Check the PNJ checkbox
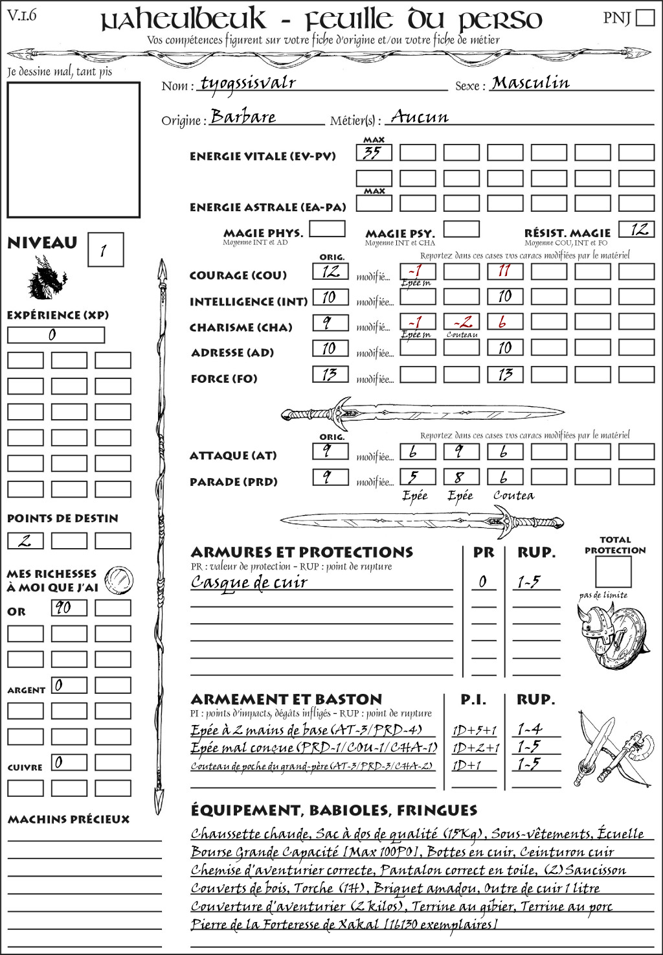tap(645, 17)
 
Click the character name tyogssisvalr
tap(248, 83)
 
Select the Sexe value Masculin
tap(530, 83)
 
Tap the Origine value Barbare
tap(243, 117)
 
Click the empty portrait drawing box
tap(73, 150)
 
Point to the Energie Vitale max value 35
tap(374, 153)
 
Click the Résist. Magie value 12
tap(636, 229)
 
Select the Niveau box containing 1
tap(105, 250)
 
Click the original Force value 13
tap(330, 374)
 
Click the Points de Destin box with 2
tap(25, 541)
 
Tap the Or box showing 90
tap(69, 608)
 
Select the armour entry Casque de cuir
tap(249, 582)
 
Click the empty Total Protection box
tap(612, 572)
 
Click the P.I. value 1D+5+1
tap(475, 730)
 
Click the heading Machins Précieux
tap(69, 820)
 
